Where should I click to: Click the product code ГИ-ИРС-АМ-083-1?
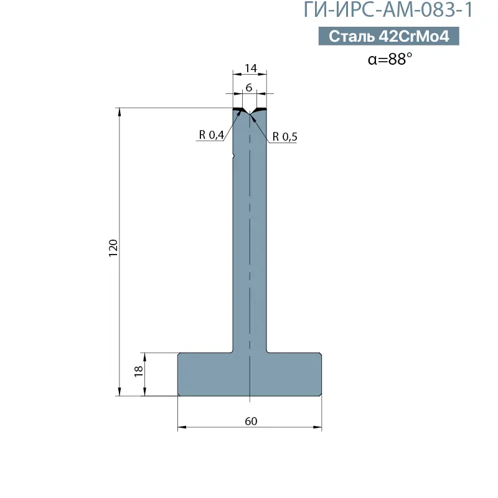point(388,9)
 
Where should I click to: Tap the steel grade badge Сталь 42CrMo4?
point(388,36)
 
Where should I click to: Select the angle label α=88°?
point(390,59)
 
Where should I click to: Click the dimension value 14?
point(251,68)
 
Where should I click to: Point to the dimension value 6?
point(249,87)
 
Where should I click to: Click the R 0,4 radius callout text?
point(212,134)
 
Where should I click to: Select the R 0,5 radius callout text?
point(284,136)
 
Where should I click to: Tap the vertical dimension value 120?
point(113,248)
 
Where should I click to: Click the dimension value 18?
point(139,371)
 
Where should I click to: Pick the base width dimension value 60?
point(251,421)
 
